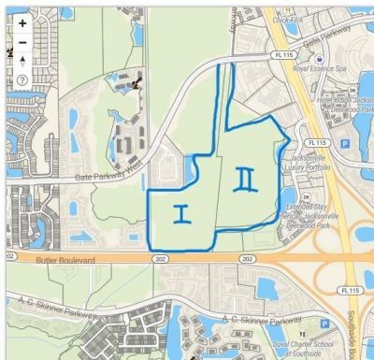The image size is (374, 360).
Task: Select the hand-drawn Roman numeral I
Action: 181,213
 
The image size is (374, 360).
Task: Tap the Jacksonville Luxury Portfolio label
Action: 331,168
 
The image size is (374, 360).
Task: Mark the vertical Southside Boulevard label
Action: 364,337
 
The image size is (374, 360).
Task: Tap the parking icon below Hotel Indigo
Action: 343,144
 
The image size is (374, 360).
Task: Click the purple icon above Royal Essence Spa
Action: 320,57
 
